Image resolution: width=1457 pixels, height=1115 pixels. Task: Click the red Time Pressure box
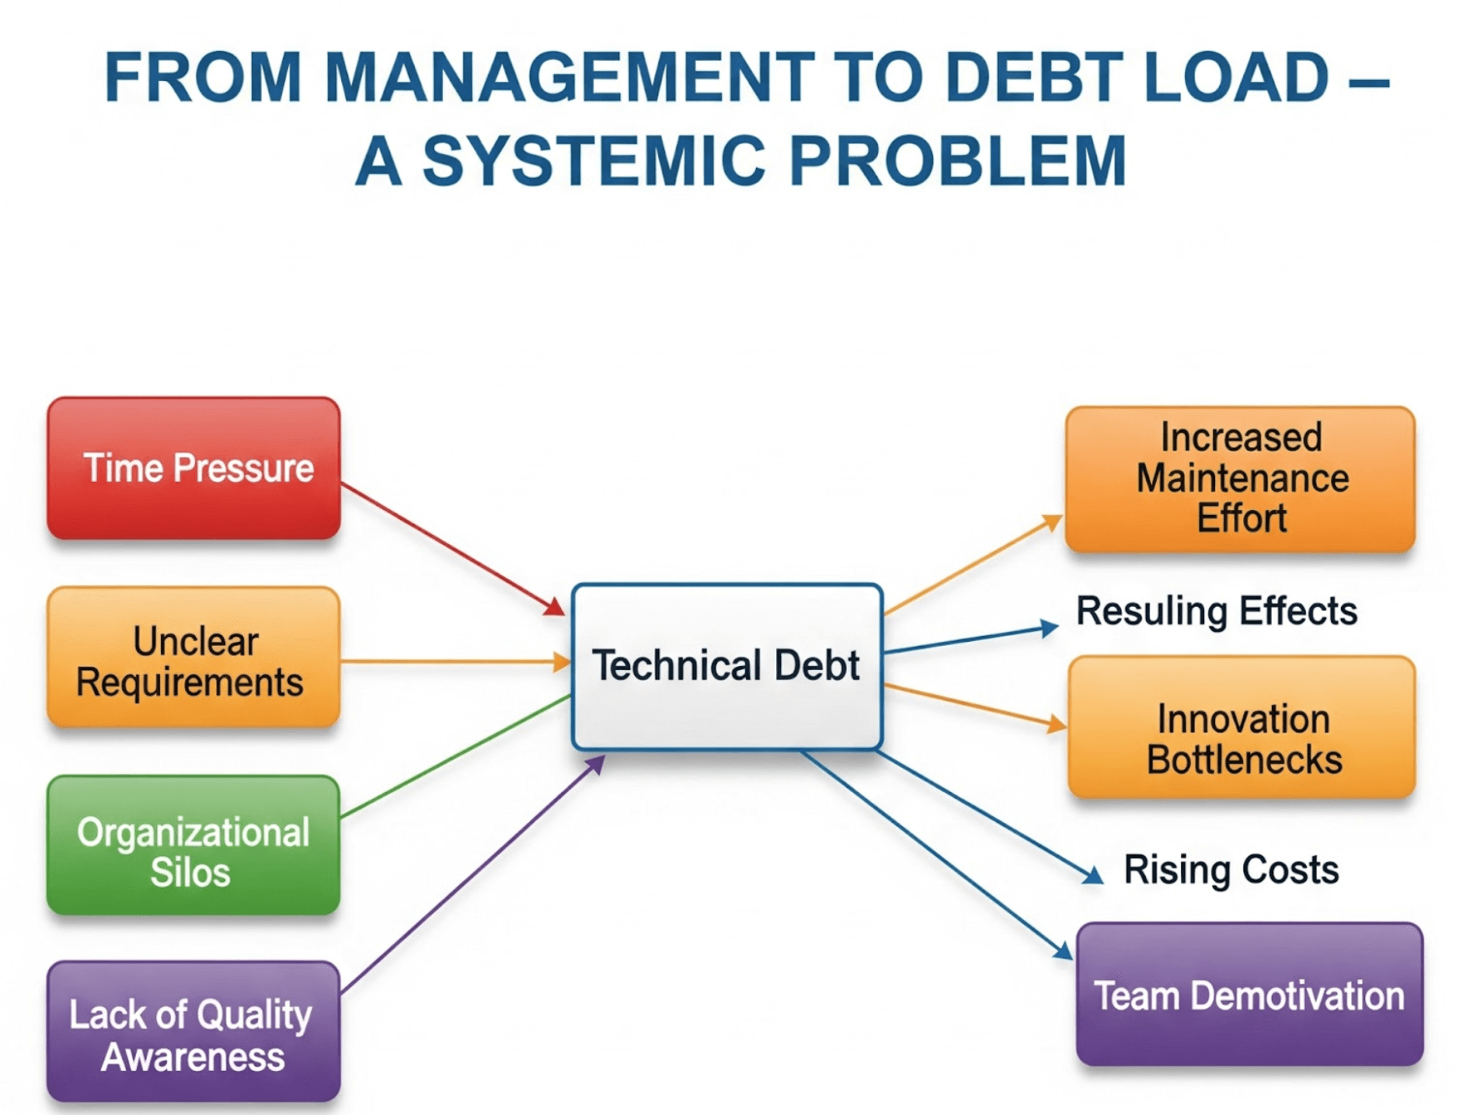tap(194, 468)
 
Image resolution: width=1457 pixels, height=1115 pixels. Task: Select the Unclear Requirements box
tap(194, 658)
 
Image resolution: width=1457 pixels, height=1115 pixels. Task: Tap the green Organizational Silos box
tap(194, 845)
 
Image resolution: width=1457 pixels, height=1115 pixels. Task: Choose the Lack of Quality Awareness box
tap(194, 1032)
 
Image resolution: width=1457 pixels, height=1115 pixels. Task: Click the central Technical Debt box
tap(727, 666)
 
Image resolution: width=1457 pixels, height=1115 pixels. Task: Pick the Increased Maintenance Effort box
tap(1240, 479)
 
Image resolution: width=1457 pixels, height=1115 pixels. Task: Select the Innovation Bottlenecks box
tap(1243, 727)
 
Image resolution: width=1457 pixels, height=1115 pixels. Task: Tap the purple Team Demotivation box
tap(1249, 994)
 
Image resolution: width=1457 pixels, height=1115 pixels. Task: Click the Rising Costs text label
tap(1231, 870)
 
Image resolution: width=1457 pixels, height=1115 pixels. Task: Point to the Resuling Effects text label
tap(1217, 611)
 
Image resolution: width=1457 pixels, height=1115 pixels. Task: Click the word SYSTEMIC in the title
tap(593, 160)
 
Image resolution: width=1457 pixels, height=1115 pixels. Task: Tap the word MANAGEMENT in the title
tap(569, 77)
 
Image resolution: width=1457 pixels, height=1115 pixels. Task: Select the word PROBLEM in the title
tap(958, 160)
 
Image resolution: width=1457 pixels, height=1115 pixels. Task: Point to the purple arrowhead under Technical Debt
tap(594, 764)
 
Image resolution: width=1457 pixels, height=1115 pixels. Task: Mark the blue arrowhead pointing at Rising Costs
tap(1092, 874)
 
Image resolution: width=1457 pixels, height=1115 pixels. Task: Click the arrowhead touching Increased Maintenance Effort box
tap(1052, 523)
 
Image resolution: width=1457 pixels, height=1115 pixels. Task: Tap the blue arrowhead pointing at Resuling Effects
tap(1049, 628)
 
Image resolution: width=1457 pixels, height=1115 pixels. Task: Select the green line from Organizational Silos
tap(456, 755)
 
